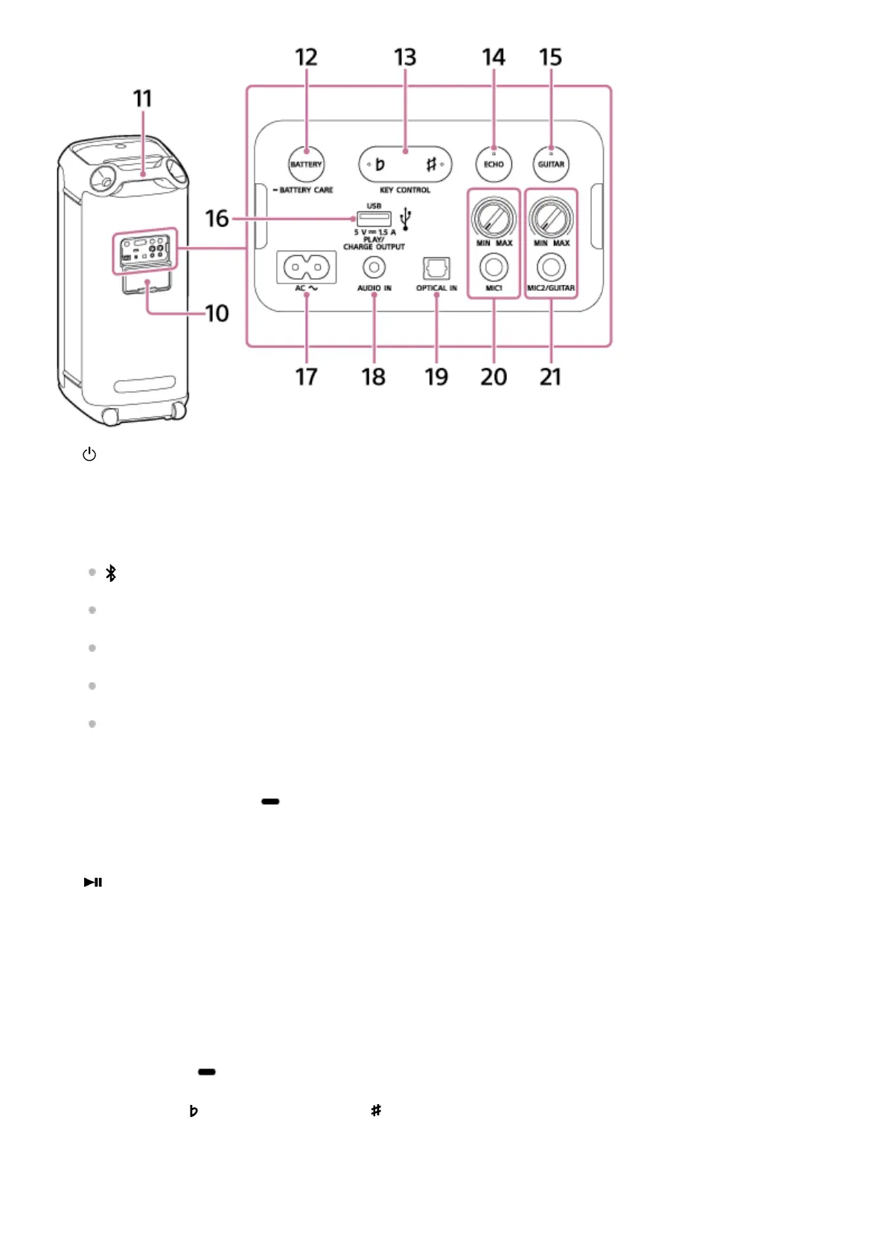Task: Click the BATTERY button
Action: pyautogui.click(x=306, y=164)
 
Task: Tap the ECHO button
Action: pyautogui.click(x=494, y=164)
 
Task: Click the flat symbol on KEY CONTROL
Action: pyautogui.click(x=380, y=164)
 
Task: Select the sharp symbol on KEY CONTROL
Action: pyautogui.click(x=431, y=164)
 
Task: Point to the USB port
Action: pyautogui.click(x=374, y=219)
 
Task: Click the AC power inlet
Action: pyautogui.click(x=306, y=266)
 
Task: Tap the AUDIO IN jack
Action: pyautogui.click(x=374, y=267)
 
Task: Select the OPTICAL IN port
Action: pyautogui.click(x=436, y=268)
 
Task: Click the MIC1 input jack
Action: pyautogui.click(x=494, y=267)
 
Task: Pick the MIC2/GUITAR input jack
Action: pyautogui.click(x=551, y=267)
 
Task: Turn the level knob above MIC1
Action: pyautogui.click(x=494, y=219)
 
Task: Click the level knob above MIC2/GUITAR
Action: pyautogui.click(x=551, y=219)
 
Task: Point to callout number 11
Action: pyautogui.click(x=142, y=99)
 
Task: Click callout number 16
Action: pyautogui.click(x=217, y=219)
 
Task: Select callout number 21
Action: pyautogui.click(x=550, y=376)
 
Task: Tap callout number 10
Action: pyautogui.click(x=217, y=313)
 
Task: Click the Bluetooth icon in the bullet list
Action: pyautogui.click(x=111, y=573)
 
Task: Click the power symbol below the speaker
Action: pyautogui.click(x=89, y=454)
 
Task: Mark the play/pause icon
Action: pyautogui.click(x=93, y=882)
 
